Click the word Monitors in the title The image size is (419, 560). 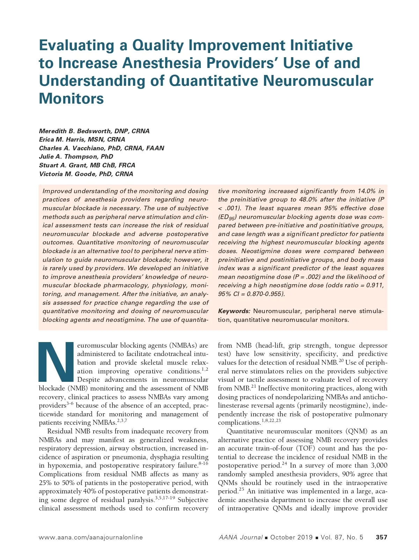pos(71,99)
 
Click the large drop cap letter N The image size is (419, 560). pos(56,362)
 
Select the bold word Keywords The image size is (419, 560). pos(234,311)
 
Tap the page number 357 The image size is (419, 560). pos(381,537)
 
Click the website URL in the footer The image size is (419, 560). pos(91,537)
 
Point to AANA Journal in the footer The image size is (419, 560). pos(241,537)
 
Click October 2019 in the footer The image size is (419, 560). pos(291,537)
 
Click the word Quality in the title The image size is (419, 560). pos(159,45)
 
